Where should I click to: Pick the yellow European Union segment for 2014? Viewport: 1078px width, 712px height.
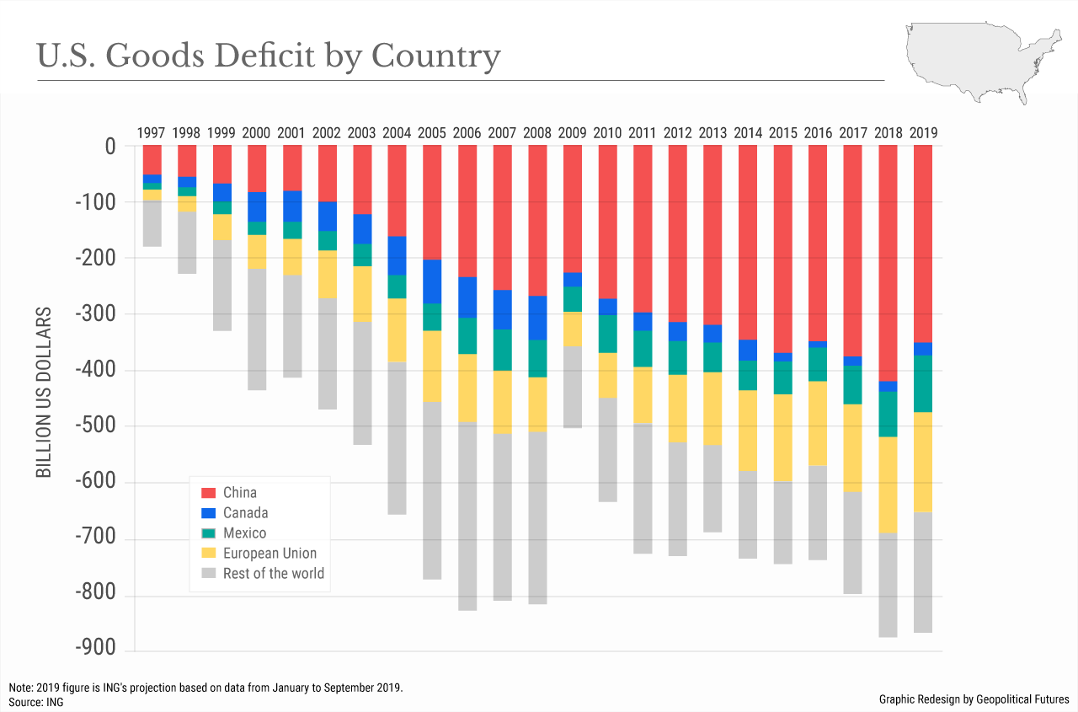tap(747, 430)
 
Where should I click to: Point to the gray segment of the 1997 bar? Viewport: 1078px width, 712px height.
tap(152, 223)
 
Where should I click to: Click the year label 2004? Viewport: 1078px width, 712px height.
tap(396, 132)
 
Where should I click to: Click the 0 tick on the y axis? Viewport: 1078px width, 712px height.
tap(109, 147)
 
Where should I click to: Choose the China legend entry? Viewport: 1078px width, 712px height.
tap(240, 492)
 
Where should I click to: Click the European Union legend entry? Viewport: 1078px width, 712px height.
tap(269, 554)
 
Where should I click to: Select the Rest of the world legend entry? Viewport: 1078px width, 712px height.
tap(273, 574)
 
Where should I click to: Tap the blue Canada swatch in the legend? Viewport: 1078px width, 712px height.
tap(207, 512)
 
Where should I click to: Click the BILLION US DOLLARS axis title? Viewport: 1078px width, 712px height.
tap(44, 393)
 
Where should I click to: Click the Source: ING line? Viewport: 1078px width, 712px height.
tap(35, 701)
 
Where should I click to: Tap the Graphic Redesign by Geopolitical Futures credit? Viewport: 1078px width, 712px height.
tap(974, 699)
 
